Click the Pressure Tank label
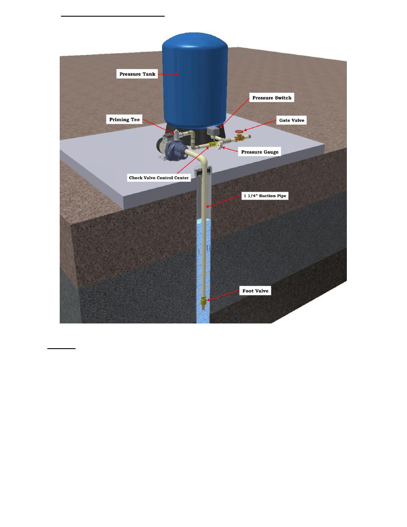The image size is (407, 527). pyautogui.click(x=137, y=74)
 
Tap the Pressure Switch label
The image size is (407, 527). pyautogui.click(x=272, y=98)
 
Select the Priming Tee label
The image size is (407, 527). pyautogui.click(x=124, y=119)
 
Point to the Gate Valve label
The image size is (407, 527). pyautogui.click(x=291, y=120)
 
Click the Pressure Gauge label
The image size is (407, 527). pyautogui.click(x=259, y=152)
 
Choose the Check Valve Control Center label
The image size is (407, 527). pyautogui.click(x=159, y=178)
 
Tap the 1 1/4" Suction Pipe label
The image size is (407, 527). pyautogui.click(x=265, y=196)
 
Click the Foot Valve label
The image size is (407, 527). pyautogui.click(x=255, y=291)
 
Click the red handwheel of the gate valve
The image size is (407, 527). pyautogui.click(x=239, y=132)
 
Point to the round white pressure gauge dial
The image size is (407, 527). pyautogui.click(x=218, y=146)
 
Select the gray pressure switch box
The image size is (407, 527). pyautogui.click(x=212, y=130)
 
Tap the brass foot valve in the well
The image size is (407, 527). pyautogui.click(x=203, y=302)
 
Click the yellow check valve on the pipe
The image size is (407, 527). pyautogui.click(x=211, y=145)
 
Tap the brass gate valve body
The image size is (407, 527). pyautogui.click(x=239, y=137)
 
